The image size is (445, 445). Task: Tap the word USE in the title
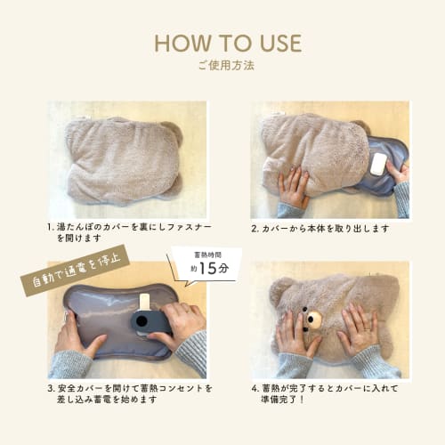pyautogui.click(x=277, y=43)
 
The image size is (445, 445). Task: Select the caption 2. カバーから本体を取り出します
pyautogui.click(x=320, y=229)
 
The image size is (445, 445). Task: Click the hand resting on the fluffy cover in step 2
pyautogui.click(x=293, y=188)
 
